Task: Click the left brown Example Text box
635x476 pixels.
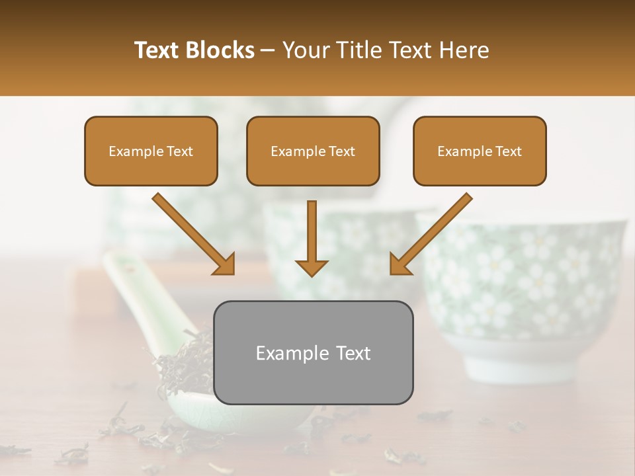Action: pyautogui.click(x=151, y=151)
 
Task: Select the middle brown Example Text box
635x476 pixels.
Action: pyautogui.click(x=313, y=151)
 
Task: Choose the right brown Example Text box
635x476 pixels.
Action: pyautogui.click(x=480, y=151)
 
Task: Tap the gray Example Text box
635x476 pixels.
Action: pyautogui.click(x=313, y=353)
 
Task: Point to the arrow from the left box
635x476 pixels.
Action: pyautogui.click(x=194, y=234)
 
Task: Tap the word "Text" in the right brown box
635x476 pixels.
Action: pyautogui.click(x=508, y=151)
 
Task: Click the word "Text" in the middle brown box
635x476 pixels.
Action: pyautogui.click(x=341, y=151)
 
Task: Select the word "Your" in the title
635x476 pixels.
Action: pyautogui.click(x=305, y=50)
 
